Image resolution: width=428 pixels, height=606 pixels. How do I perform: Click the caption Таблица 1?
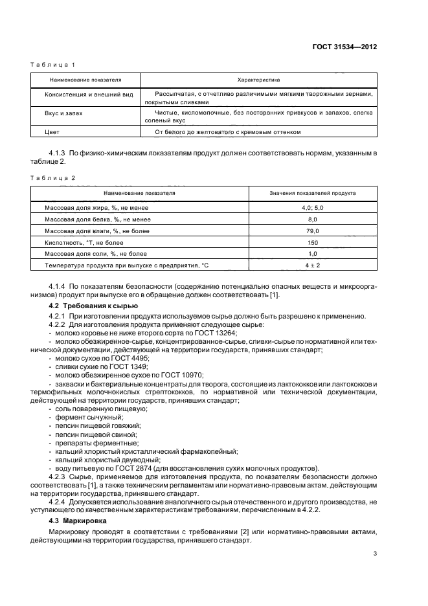pyautogui.click(x=54, y=65)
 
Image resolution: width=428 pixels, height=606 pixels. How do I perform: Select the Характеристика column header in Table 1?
pyautogui.click(x=258, y=80)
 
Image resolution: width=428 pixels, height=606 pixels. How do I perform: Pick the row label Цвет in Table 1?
pyautogui.click(x=52, y=132)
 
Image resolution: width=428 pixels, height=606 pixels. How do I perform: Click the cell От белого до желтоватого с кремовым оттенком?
pyautogui.click(x=228, y=132)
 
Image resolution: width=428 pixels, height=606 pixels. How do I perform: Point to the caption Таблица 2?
pyautogui.click(x=54, y=177)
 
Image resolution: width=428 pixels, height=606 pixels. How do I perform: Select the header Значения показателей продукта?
pyautogui.click(x=313, y=193)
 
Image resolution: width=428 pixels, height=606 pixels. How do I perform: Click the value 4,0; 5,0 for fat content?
pyautogui.click(x=313, y=207)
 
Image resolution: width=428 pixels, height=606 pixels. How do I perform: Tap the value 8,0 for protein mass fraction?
pyautogui.click(x=313, y=219)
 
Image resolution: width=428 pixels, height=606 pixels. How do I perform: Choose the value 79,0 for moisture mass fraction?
pyautogui.click(x=313, y=230)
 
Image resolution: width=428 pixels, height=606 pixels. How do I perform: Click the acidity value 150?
pyautogui.click(x=313, y=242)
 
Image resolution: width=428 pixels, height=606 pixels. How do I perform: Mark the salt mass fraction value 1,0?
pyautogui.click(x=313, y=254)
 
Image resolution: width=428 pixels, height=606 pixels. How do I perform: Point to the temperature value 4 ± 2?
pyautogui.click(x=313, y=265)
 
